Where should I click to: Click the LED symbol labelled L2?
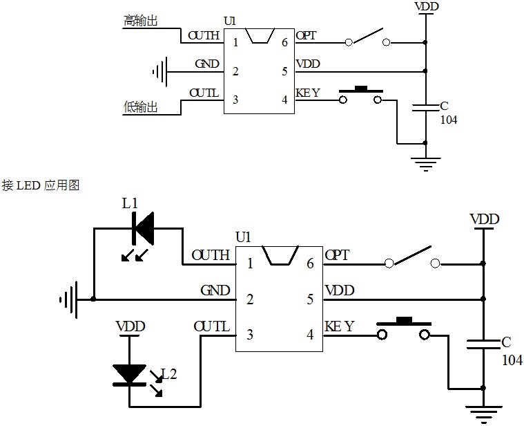click(x=129, y=374)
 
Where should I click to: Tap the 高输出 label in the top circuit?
click(x=141, y=21)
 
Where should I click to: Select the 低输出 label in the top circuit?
click(x=141, y=107)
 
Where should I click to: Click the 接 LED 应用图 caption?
click(x=41, y=185)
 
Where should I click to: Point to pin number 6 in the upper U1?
click(x=284, y=42)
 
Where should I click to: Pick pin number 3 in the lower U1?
click(x=250, y=335)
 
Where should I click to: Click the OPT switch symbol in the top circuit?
click(x=367, y=38)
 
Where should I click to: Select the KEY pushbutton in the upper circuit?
click(x=360, y=95)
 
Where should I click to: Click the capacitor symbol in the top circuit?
click(x=425, y=106)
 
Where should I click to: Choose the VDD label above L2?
click(x=129, y=326)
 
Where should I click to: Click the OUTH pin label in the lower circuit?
click(x=211, y=256)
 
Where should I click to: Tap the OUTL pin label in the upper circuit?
click(x=204, y=93)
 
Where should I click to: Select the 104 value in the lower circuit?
click(x=512, y=360)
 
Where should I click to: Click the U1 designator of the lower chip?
click(x=243, y=237)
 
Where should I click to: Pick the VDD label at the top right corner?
click(x=425, y=6)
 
